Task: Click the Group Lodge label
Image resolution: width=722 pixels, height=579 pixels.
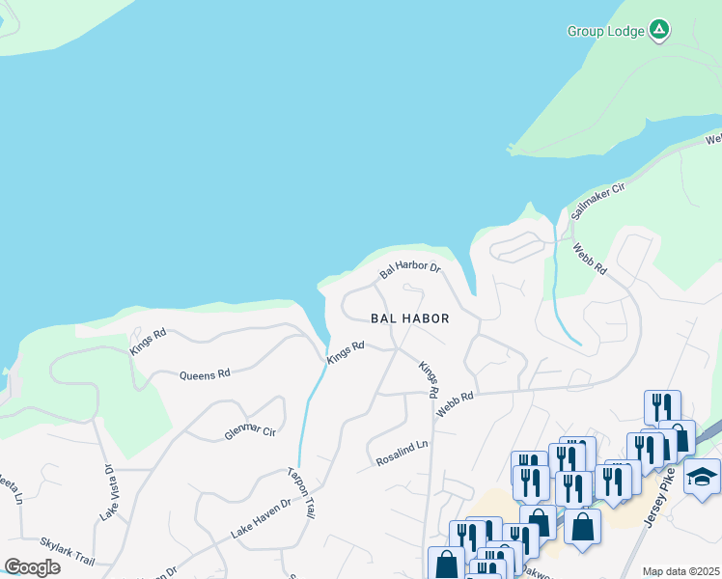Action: click(x=604, y=31)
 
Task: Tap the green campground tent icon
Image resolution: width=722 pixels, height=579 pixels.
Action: click(x=658, y=30)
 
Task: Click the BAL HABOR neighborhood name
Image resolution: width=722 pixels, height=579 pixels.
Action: click(x=410, y=317)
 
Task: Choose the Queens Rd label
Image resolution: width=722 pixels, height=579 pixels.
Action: click(x=205, y=373)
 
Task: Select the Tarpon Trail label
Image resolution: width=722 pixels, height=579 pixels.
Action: click(x=302, y=492)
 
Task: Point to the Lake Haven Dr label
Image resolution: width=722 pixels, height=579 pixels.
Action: click(x=260, y=519)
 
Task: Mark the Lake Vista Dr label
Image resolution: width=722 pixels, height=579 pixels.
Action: click(x=108, y=493)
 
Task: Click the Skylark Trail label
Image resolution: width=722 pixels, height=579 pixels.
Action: click(x=67, y=552)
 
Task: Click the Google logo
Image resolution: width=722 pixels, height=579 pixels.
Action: click(x=32, y=567)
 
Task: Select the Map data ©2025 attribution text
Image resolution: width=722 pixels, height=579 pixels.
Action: click(x=680, y=571)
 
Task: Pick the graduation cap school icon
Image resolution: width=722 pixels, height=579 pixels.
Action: click(x=702, y=477)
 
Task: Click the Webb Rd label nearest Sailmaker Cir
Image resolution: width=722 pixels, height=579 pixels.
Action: click(x=589, y=259)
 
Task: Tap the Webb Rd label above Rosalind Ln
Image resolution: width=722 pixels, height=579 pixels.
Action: click(x=455, y=403)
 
